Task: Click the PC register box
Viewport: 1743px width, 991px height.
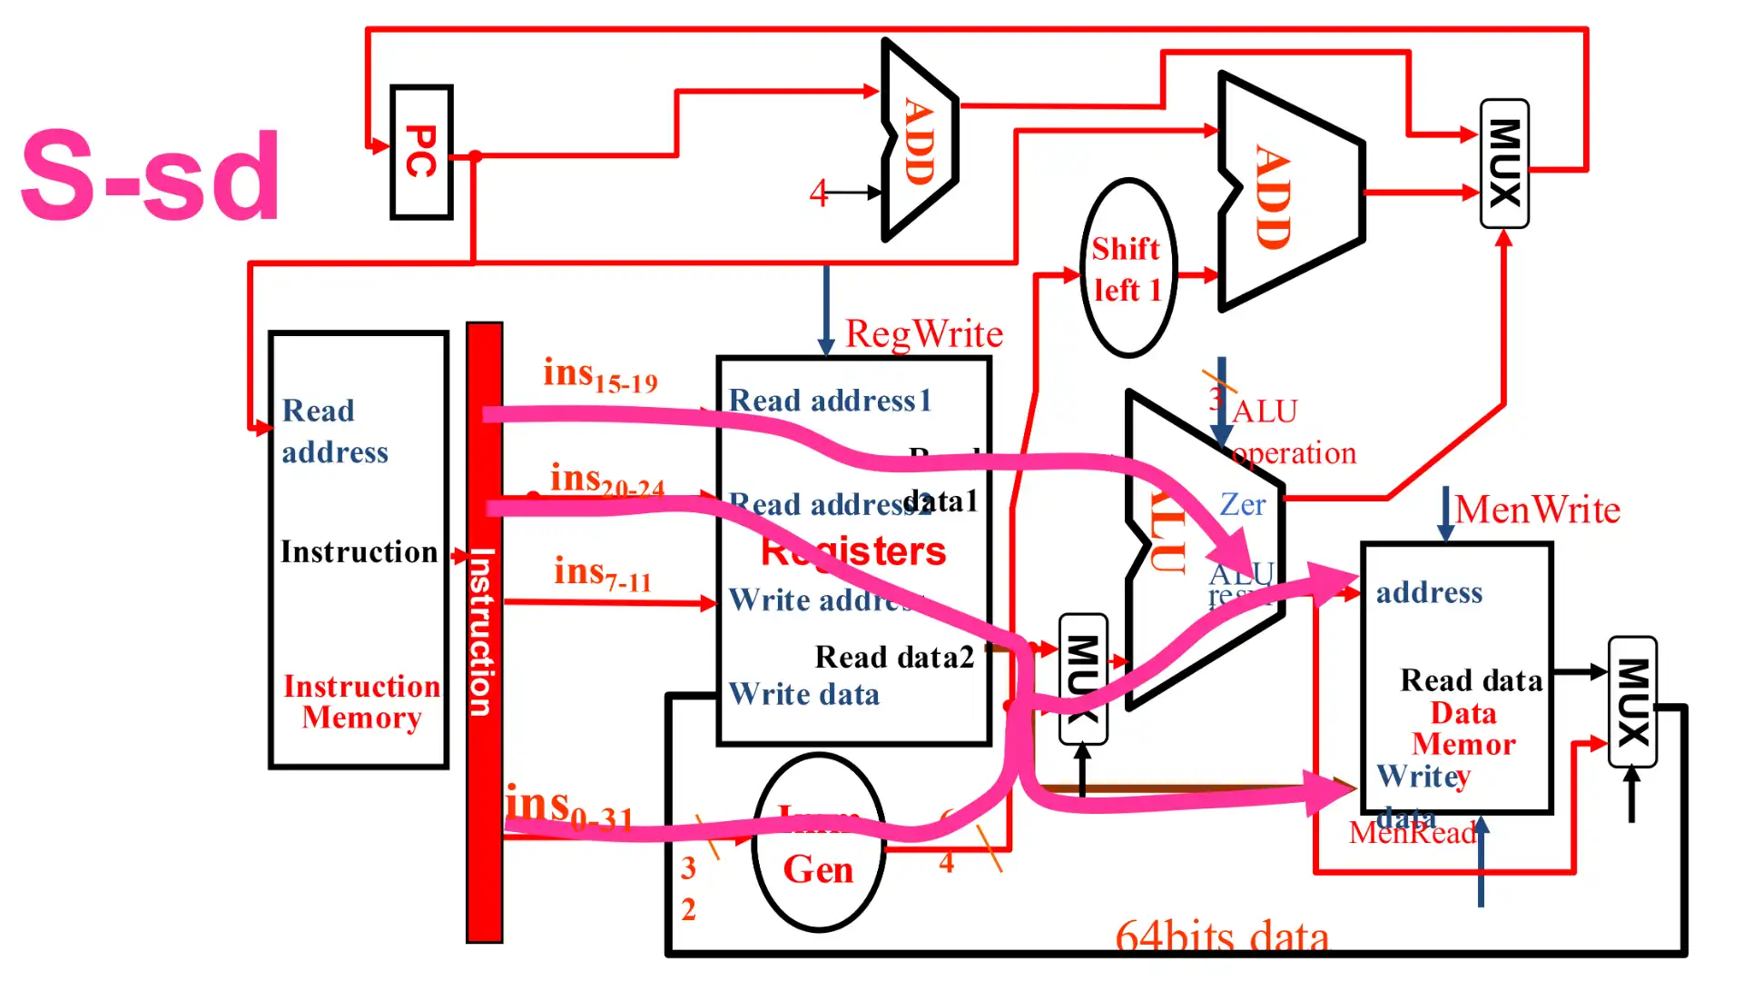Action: [x=421, y=153]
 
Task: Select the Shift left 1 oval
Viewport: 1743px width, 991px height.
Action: [x=1128, y=268]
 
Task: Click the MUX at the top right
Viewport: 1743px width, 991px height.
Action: [x=1503, y=164]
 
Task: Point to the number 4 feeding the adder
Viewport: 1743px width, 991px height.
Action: [x=819, y=193]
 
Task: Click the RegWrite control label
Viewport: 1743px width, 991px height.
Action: [x=923, y=334]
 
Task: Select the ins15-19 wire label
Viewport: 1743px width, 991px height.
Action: [x=599, y=374]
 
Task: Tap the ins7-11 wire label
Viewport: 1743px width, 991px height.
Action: [x=602, y=573]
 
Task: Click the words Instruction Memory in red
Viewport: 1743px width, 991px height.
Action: [x=361, y=701]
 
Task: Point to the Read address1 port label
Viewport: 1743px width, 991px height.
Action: [x=830, y=401]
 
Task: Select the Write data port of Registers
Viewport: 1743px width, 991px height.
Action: [x=804, y=695]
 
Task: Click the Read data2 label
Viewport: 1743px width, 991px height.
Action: [x=893, y=657]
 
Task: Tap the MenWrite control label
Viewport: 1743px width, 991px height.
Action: [x=1537, y=510]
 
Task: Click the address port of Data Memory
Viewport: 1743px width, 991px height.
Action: [x=1429, y=592]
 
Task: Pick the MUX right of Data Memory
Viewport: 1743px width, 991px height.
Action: [x=1632, y=702]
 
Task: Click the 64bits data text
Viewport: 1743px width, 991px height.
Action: [x=1221, y=936]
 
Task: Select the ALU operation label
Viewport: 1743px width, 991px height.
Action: [x=1289, y=432]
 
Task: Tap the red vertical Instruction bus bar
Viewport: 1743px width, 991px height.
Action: [x=484, y=636]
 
